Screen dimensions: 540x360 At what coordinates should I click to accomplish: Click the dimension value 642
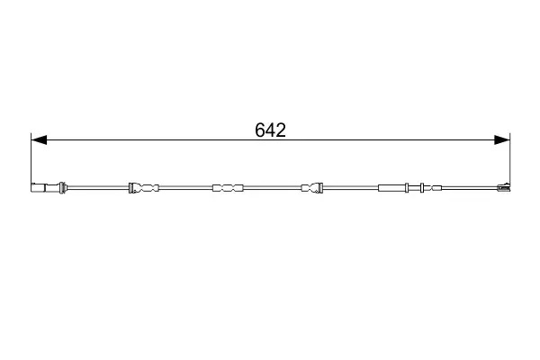pos(270,130)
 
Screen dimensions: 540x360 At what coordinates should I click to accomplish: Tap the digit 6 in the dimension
pos(260,130)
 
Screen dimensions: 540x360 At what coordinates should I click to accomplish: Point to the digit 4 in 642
pos(270,130)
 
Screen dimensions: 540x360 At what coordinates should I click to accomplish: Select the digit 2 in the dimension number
pos(281,130)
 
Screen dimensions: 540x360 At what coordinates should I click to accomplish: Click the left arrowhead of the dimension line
pos(39,139)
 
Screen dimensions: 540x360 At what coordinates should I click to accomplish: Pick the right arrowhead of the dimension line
pos(502,139)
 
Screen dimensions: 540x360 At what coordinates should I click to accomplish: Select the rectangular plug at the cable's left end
pos(38,188)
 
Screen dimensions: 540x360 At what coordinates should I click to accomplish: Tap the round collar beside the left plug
pos(62,187)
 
